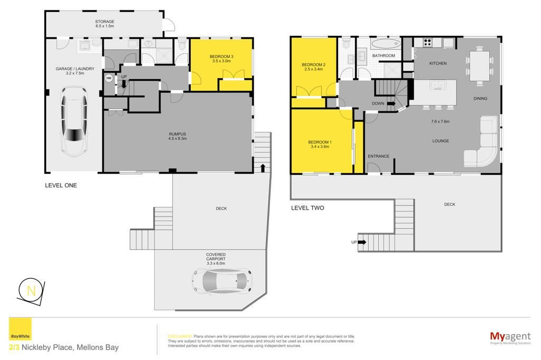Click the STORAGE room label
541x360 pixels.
tap(105, 22)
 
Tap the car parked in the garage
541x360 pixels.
tap(74, 122)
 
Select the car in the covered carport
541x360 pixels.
tap(222, 280)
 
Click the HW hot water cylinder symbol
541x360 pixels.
tap(109, 78)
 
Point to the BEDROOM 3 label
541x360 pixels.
tap(221, 56)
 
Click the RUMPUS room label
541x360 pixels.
tap(178, 134)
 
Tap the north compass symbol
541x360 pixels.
tap(31, 291)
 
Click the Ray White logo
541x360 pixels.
tap(20, 329)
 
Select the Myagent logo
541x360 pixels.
tap(510, 337)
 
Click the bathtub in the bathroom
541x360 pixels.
tap(386, 44)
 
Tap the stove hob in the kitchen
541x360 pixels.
tap(427, 42)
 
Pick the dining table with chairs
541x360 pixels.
tap(480, 66)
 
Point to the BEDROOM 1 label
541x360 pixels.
tap(320, 142)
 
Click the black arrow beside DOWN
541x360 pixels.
tap(391, 103)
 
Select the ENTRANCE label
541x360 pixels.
tap(378, 156)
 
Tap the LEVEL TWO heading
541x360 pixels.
tap(307, 208)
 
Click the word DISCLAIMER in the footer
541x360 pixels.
tap(180, 336)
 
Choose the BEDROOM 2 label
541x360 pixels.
tap(314, 64)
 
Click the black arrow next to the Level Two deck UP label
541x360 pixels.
tap(362, 242)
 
